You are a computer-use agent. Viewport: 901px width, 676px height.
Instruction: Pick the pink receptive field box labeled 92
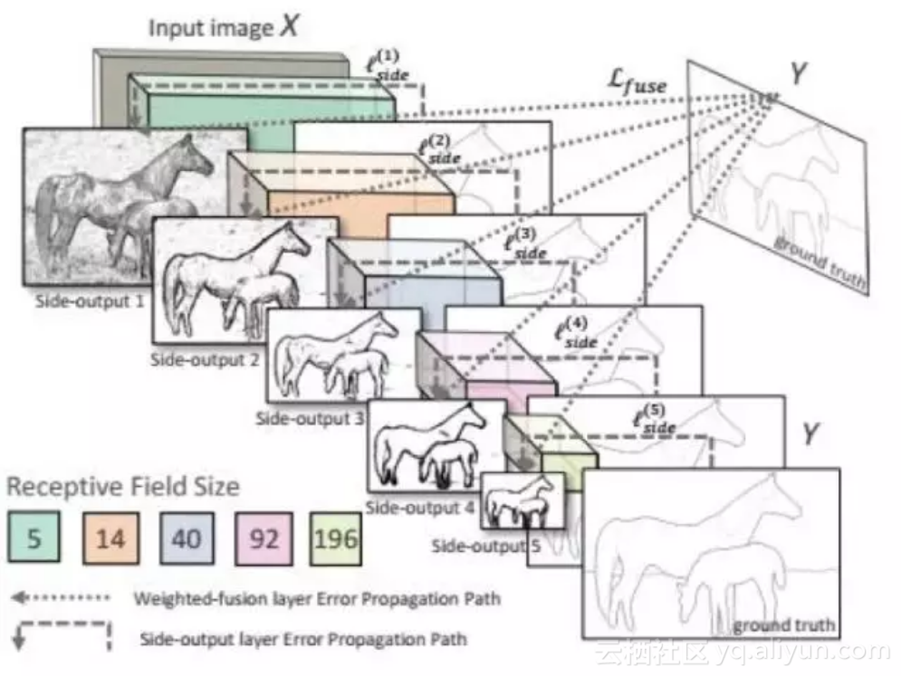coord(263,539)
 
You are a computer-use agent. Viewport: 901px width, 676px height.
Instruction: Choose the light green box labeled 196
coord(337,539)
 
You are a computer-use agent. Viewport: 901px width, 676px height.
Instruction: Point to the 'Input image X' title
coord(223,26)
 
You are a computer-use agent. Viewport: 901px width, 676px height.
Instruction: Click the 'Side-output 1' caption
coord(90,301)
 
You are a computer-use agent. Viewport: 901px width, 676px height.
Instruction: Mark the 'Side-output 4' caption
coord(419,508)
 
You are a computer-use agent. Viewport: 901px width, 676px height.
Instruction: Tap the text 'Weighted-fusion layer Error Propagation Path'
coord(316,598)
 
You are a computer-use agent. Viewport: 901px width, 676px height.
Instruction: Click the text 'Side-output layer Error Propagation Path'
coord(303,639)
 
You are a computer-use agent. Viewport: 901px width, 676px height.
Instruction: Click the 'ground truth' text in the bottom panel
coord(783,625)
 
